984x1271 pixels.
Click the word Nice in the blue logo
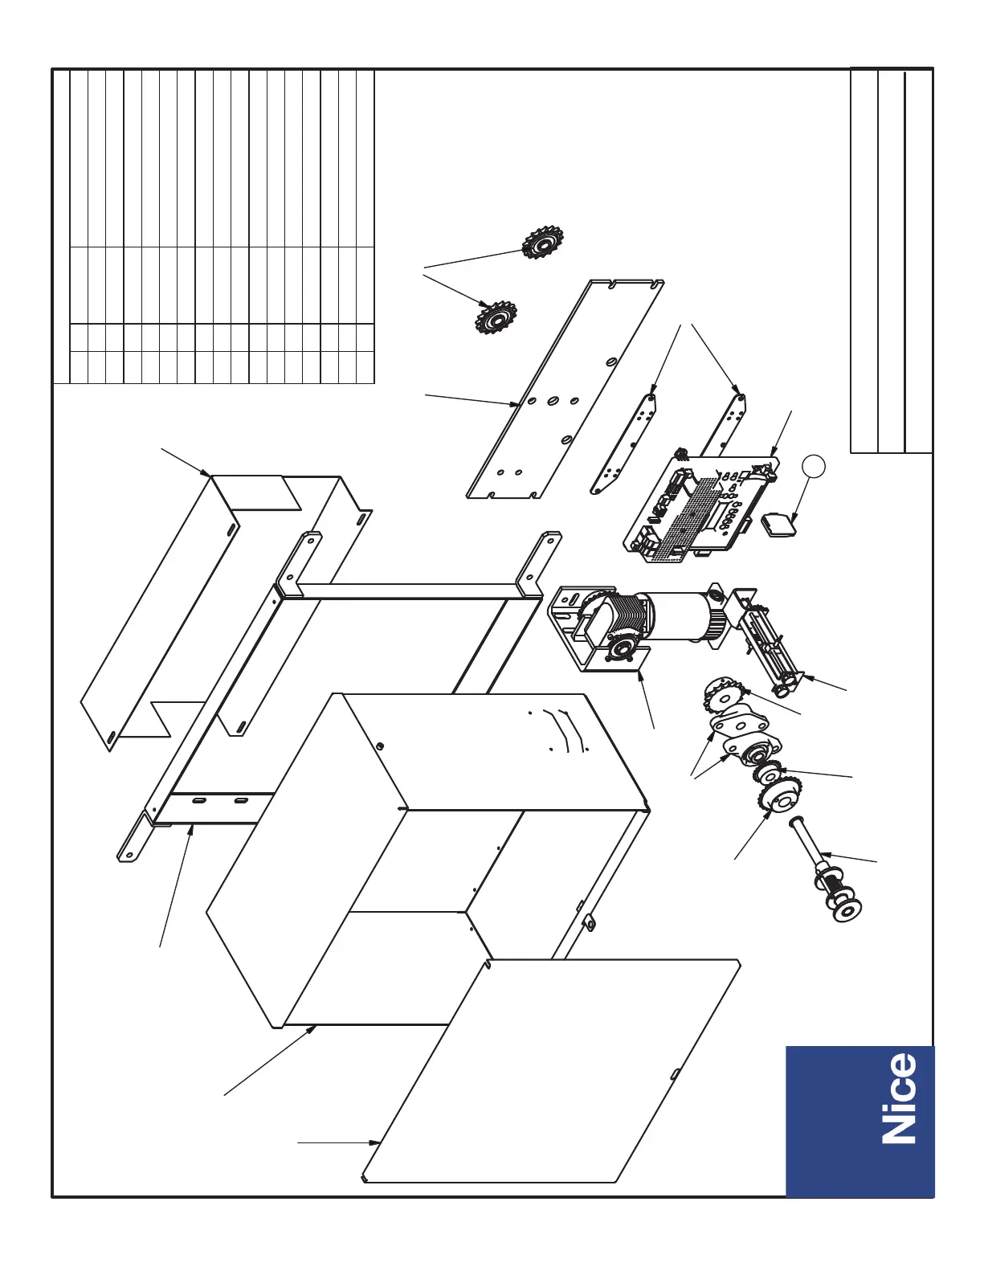[x=899, y=1099]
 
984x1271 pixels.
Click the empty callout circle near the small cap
[x=814, y=466]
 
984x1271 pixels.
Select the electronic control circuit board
[x=699, y=506]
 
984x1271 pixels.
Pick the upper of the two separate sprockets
[x=543, y=241]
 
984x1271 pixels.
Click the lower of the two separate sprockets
[x=495, y=318]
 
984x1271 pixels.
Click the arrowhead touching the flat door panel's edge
[x=377, y=1142]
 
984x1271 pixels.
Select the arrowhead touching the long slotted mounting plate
[x=513, y=405]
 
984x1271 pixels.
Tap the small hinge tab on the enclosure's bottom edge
[x=590, y=924]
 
